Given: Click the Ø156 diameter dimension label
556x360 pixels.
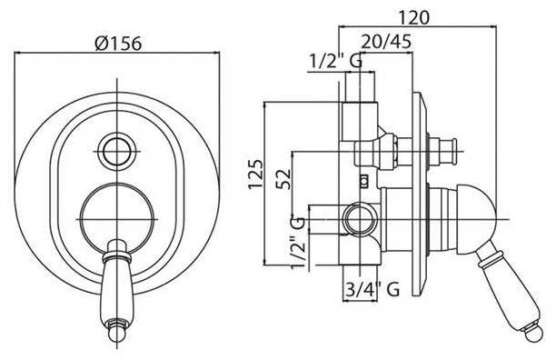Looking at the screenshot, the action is click(118, 44).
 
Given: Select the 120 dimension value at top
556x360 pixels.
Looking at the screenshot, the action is click(414, 17).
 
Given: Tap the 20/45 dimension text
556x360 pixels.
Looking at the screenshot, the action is click(386, 42).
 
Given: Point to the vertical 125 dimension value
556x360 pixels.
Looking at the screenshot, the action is click(256, 175).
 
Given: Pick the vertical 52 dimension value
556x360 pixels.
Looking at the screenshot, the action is click(283, 179).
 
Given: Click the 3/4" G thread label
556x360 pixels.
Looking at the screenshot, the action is click(372, 289).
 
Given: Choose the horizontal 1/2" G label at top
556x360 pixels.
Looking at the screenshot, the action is click(336, 61).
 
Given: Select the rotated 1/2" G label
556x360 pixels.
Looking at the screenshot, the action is click(297, 242).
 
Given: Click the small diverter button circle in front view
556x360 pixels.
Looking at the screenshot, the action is click(117, 151).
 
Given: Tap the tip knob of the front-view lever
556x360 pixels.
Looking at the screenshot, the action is click(116, 333).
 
